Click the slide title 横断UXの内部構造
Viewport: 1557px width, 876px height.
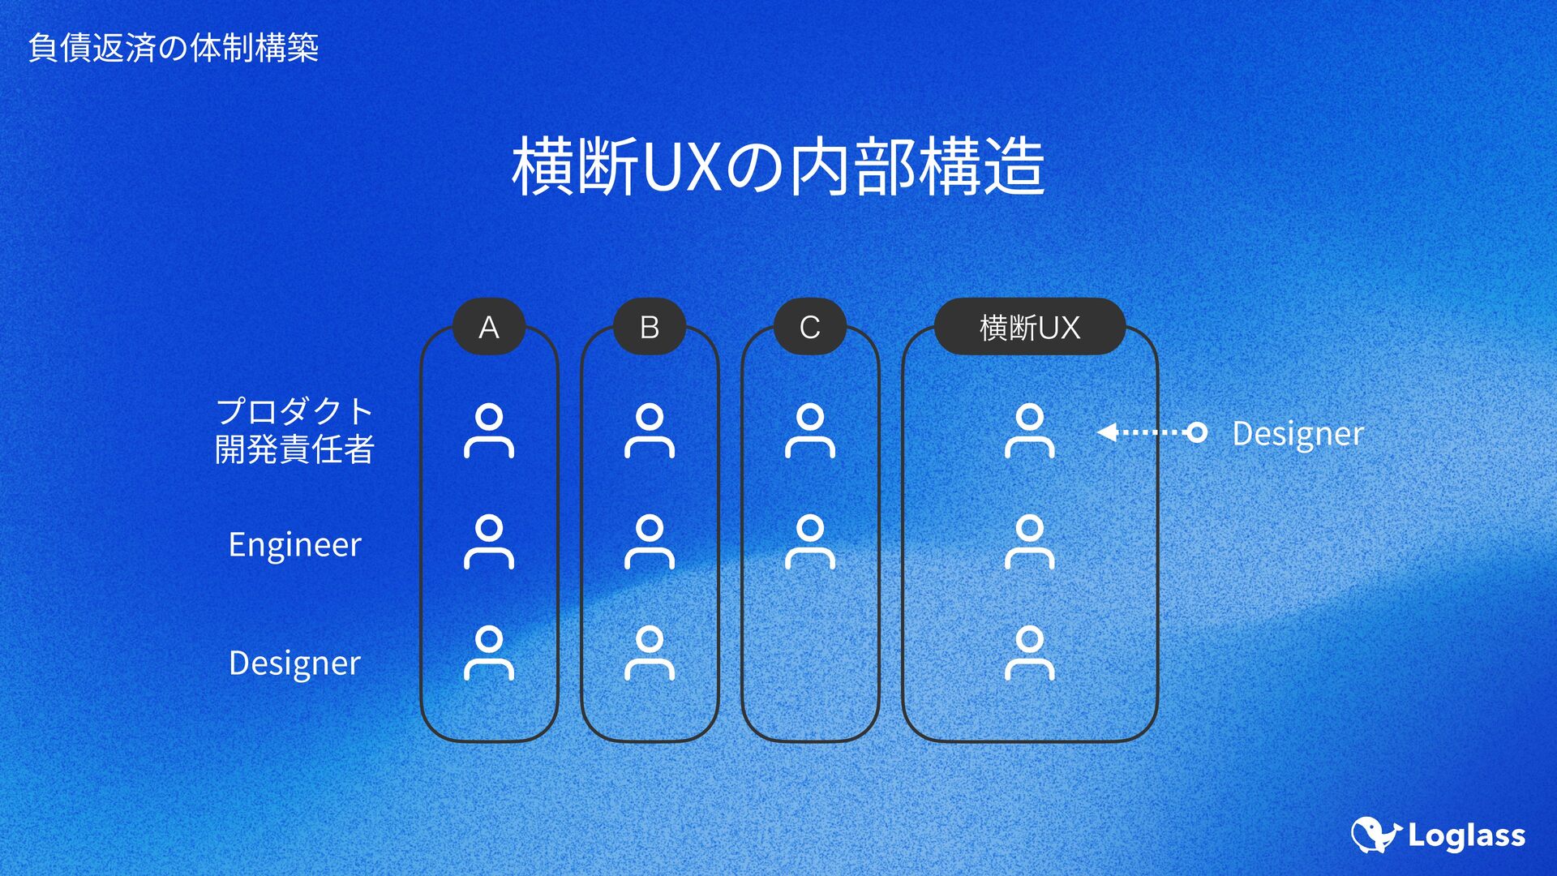point(778,166)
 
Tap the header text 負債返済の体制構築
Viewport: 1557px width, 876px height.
point(173,48)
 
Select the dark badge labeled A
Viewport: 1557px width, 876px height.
point(488,327)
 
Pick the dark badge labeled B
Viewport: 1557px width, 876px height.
point(649,327)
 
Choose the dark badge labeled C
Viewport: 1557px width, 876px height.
point(809,327)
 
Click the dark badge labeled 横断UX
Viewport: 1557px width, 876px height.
point(1029,327)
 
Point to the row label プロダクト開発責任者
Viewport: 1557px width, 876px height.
point(294,430)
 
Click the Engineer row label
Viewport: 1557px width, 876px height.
point(294,544)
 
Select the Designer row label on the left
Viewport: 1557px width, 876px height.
point(294,663)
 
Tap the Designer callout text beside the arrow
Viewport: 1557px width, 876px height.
point(1297,433)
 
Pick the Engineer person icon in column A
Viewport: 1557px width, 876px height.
point(488,542)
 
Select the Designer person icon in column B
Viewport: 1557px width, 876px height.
point(649,653)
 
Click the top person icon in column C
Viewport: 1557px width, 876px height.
point(809,431)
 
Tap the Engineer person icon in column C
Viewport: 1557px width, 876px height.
point(809,542)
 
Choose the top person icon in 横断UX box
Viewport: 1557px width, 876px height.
point(1029,431)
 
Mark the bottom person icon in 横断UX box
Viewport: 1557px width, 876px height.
point(1029,653)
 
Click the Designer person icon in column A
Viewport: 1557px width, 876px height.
point(488,653)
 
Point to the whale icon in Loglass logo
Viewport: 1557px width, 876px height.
point(1375,835)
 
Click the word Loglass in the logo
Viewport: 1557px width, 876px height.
point(1466,835)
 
